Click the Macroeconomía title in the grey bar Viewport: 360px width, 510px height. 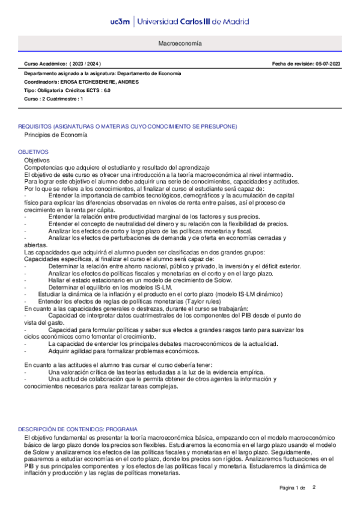pyautogui.click(x=180, y=45)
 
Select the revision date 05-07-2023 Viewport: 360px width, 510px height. pyautogui.click(x=328, y=63)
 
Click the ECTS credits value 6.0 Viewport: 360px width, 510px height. pyautogui.click(x=106, y=90)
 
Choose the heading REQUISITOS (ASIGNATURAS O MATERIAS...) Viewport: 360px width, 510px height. pyautogui.click(x=127, y=126)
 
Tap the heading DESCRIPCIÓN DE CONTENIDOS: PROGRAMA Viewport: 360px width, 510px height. pyautogui.click(x=78, y=429)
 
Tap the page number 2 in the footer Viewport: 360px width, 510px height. pyautogui.click(x=314, y=487)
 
